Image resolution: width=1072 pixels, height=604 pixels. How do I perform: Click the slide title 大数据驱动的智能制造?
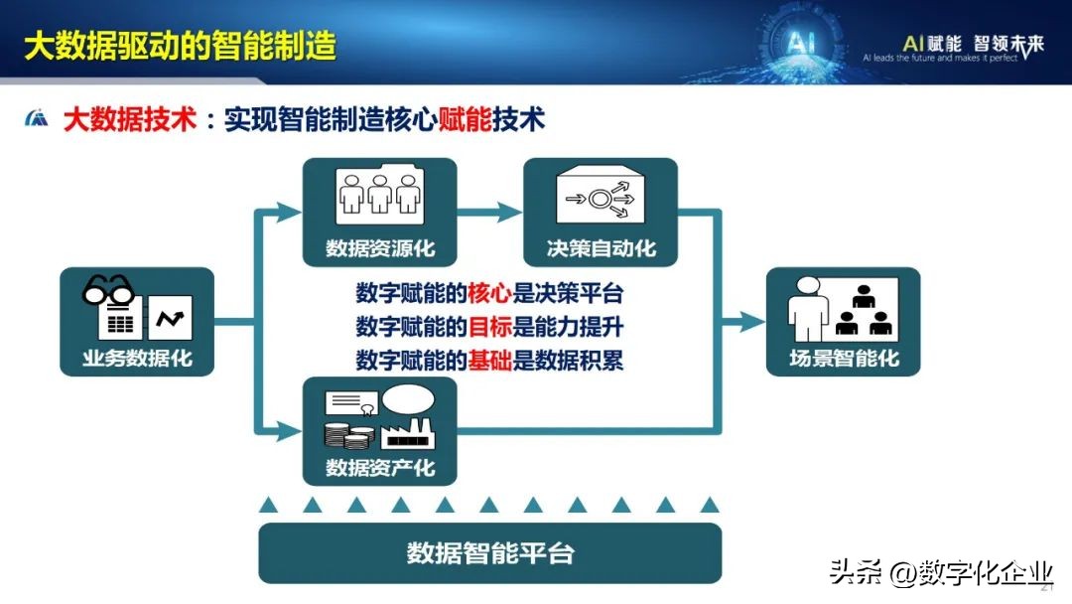click(x=180, y=46)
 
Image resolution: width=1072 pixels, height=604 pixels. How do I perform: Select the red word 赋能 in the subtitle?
click(x=466, y=119)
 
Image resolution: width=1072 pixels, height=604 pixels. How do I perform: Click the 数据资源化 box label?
click(x=380, y=248)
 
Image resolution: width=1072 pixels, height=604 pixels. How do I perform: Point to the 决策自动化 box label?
click(x=601, y=248)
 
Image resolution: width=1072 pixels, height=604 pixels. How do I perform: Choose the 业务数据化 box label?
click(x=137, y=359)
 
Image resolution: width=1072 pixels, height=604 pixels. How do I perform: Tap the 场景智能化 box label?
click(x=844, y=358)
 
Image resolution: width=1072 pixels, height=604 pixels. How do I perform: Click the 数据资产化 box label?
click(x=380, y=466)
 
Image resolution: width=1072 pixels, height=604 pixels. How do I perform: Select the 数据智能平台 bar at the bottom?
click(x=490, y=553)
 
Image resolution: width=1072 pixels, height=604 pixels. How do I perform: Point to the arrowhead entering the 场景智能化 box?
click(x=753, y=321)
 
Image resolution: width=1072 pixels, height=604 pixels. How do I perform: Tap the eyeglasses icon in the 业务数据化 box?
click(x=109, y=290)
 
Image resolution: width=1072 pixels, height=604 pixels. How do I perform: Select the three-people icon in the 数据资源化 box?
click(x=380, y=193)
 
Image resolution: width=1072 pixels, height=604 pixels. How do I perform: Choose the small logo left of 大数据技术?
click(x=37, y=119)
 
